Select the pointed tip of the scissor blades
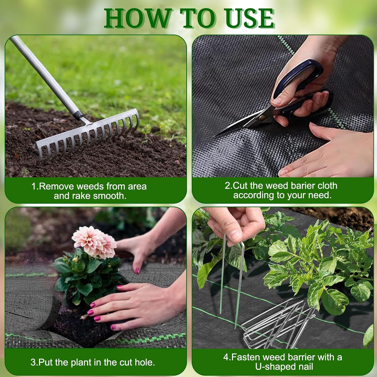[215, 136]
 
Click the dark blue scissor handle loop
[299, 77]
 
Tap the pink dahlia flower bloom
[94, 242]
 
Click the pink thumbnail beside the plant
[137, 270]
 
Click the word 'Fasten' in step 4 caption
[246, 357]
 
